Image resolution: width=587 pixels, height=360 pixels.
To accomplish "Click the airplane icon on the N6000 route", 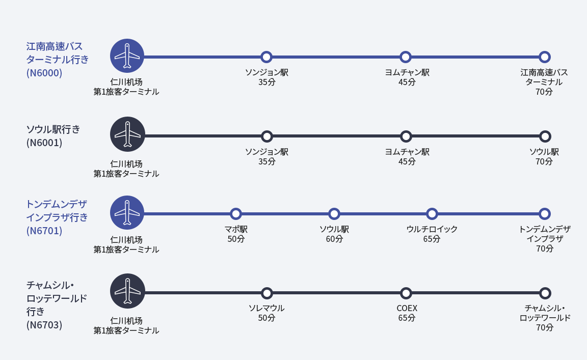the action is coord(127,56).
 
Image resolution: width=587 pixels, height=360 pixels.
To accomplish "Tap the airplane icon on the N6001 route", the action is coord(127,134).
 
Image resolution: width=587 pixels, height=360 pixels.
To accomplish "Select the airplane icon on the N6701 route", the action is coord(127,212).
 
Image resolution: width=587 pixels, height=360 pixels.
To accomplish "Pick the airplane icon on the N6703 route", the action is coord(127,291).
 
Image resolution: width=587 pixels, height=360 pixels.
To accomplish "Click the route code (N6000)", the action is coord(44,73).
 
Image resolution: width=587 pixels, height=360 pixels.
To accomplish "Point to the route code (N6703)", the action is coord(44,325).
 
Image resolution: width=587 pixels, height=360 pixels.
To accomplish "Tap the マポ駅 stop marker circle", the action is coord(235,214).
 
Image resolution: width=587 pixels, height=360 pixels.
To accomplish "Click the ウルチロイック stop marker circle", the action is coord(432,214).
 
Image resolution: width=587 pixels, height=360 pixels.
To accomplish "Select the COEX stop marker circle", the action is coord(406,293).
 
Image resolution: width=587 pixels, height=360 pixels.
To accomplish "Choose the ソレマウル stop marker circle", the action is coord(266,293).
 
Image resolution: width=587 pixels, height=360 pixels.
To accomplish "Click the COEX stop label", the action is coord(407,309).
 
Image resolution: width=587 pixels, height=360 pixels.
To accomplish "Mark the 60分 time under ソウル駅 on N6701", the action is coord(334,239).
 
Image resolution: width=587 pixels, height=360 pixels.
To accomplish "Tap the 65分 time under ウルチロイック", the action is coord(432,239).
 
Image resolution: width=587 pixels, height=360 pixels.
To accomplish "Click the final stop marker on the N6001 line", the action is coord(545,136).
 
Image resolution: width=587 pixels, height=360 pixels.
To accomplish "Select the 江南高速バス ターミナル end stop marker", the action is coord(545,57).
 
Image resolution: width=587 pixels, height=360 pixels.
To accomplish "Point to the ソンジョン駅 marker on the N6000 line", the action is coord(266,57).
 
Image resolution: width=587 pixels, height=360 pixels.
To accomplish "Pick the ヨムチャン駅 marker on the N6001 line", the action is coord(406,136).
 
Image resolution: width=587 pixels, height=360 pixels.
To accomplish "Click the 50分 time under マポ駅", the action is coord(236,239).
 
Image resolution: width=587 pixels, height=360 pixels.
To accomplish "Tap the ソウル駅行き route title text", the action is coord(53,129).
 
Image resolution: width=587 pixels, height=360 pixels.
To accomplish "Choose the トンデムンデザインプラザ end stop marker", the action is coord(545,214).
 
